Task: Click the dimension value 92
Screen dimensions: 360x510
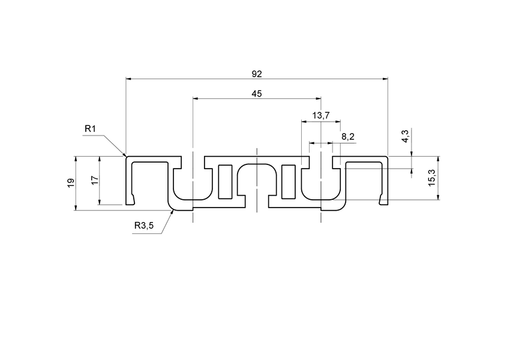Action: [x=257, y=74]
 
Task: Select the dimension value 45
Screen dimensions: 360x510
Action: [x=257, y=93]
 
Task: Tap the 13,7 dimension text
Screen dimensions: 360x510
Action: [x=321, y=115]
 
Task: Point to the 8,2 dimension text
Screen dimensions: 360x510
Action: [x=348, y=137]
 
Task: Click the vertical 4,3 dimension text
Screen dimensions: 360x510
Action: [x=406, y=136]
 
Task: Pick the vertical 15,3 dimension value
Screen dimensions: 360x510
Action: [x=432, y=178]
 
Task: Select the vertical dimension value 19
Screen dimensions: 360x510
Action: [x=71, y=183]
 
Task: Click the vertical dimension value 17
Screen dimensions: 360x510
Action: [x=94, y=181]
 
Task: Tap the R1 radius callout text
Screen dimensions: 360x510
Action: [x=90, y=129]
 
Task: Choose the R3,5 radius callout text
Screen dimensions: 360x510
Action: [x=144, y=226]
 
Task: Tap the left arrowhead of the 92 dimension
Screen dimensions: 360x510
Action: [x=127, y=79]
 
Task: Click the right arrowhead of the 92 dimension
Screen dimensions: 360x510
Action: [x=387, y=79]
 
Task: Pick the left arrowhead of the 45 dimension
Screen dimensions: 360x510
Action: [x=194, y=98]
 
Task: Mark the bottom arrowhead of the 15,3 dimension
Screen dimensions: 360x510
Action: [x=439, y=199]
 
